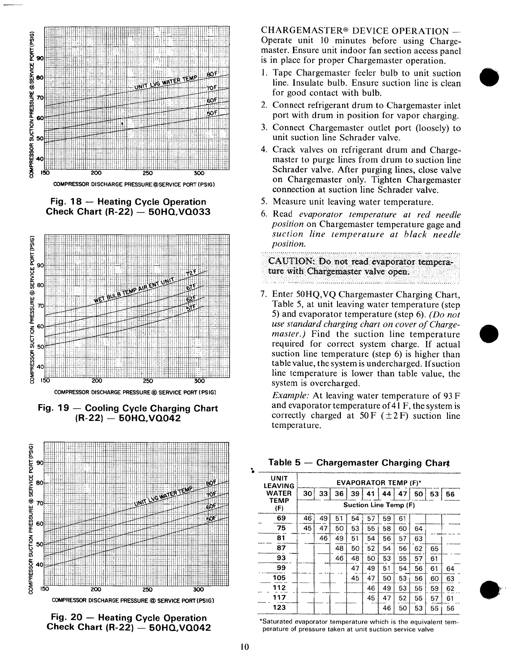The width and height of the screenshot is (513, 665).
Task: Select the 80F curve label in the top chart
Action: [x=213, y=75]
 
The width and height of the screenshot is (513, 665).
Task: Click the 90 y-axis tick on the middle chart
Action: [x=41, y=265]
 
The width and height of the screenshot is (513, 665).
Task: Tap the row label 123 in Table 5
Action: [x=280, y=607]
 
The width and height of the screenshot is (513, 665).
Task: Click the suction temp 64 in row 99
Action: [x=450, y=569]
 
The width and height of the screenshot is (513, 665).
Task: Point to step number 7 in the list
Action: [x=264, y=294]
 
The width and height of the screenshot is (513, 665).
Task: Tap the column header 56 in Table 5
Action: [x=450, y=494]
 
